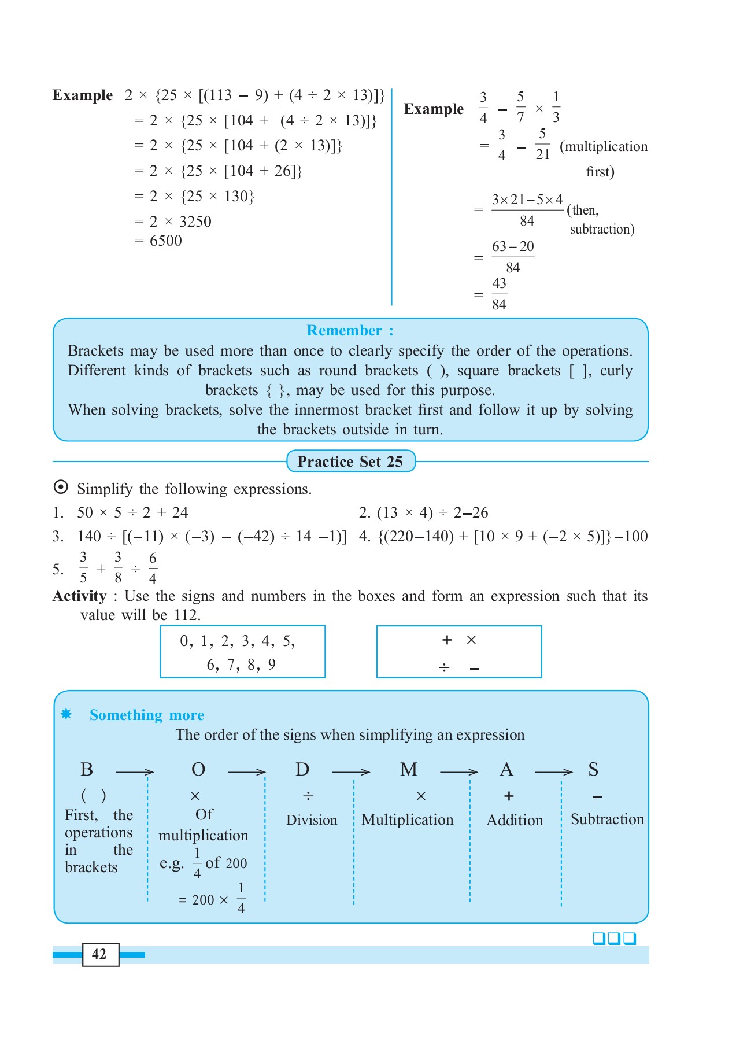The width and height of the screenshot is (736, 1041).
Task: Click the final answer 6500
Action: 165,241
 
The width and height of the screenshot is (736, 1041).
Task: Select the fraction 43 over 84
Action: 499,294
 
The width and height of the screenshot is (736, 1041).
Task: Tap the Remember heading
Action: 349,330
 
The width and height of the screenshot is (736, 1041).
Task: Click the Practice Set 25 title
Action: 350,462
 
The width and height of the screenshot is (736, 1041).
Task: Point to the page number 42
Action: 99,954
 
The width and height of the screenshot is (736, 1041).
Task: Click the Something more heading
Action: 146,715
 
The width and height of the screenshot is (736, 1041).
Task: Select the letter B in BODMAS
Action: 87,770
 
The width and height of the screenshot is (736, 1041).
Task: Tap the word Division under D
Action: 312,820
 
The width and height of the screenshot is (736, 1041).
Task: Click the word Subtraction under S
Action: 607,819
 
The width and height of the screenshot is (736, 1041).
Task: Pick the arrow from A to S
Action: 553,771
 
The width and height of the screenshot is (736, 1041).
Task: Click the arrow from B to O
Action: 135,771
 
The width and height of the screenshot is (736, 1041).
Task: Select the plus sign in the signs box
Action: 447,640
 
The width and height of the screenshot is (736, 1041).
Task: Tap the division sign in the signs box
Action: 444,668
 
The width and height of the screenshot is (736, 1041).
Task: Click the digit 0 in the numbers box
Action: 184,641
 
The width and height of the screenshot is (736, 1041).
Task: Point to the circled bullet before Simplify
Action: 61,488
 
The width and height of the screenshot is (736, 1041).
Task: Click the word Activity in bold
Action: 80,596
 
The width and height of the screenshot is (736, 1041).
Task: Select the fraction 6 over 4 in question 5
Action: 153,569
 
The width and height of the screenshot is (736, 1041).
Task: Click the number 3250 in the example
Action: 195,222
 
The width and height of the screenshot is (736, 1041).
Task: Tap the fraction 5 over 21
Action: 542,145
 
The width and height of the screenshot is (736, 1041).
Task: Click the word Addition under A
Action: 515,820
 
